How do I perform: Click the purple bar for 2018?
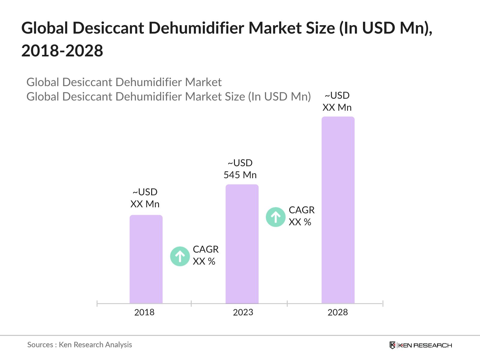point(146,259)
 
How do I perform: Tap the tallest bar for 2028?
point(338,210)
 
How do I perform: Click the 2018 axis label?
point(144,312)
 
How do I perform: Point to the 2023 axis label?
point(243,312)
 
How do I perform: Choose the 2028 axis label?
point(338,312)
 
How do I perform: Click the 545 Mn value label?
point(240,175)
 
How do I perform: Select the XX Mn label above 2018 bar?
point(145,204)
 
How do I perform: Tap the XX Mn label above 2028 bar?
point(337,107)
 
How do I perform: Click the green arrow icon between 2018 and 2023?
point(180,256)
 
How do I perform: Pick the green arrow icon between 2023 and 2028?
point(276,217)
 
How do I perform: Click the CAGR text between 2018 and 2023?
point(205,249)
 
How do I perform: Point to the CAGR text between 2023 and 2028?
point(301,210)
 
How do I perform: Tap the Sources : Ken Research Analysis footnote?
point(79,345)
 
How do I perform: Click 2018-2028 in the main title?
point(62,50)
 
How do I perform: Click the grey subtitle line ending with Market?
point(124,82)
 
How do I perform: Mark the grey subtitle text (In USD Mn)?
point(279,97)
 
